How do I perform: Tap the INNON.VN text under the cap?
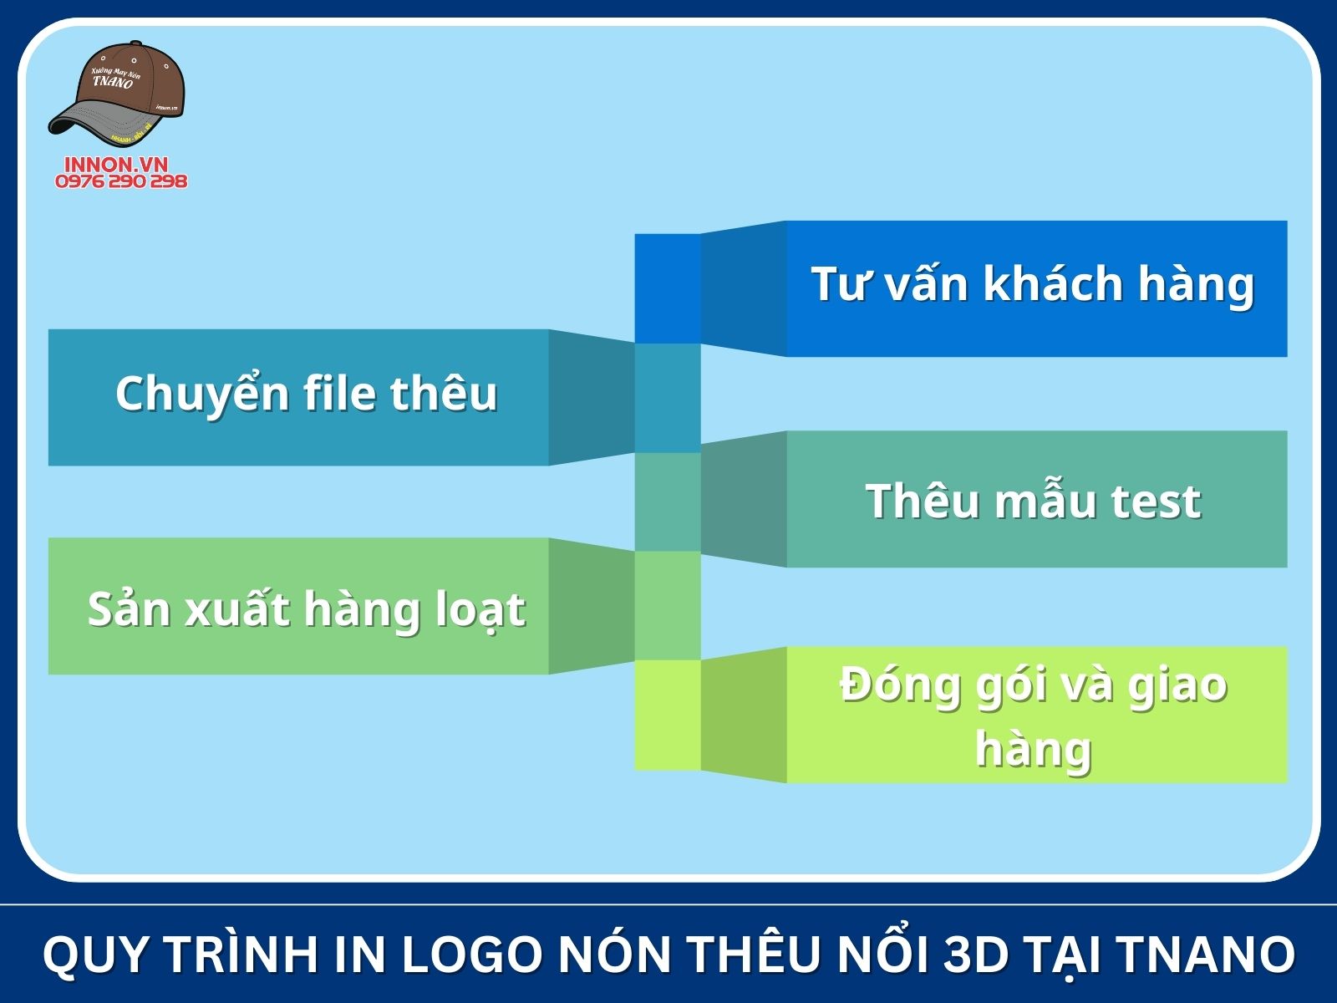pyautogui.click(x=116, y=164)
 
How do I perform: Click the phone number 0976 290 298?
pyautogui.click(x=121, y=181)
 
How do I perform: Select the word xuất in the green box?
pyautogui.click(x=238, y=608)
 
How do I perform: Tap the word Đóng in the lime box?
pyautogui.click(x=900, y=685)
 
